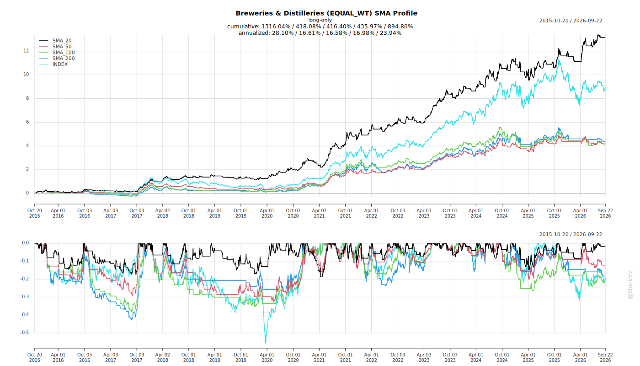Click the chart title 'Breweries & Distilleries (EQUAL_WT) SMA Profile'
326,13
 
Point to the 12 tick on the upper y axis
26,51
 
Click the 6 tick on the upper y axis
27,122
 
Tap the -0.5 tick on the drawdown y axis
25,333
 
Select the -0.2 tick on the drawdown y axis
25,279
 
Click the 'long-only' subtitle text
320,20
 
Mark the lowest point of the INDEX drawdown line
266,343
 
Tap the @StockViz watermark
630,285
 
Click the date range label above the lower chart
571,234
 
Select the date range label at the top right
571,21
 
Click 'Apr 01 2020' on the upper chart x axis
267,213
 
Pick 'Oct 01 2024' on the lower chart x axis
502,357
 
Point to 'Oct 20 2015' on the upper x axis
35,213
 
